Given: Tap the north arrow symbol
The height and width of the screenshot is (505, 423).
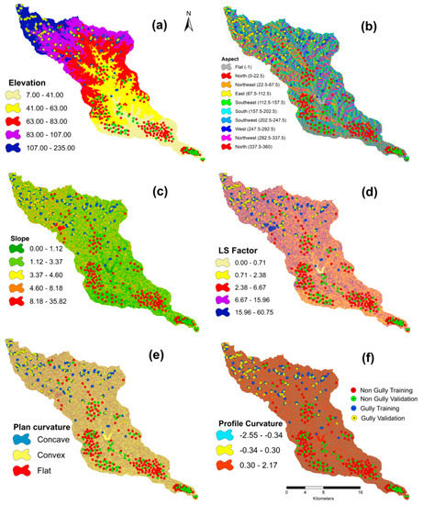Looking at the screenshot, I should pos(187,20).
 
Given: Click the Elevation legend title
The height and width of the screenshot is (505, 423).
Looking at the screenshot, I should pos(34,81).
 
